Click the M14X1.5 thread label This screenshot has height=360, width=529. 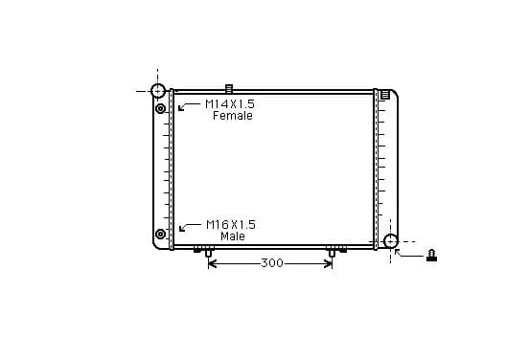point(230,103)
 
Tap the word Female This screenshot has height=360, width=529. point(233,116)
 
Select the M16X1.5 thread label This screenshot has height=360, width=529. point(231,224)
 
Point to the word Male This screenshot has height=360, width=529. point(233,236)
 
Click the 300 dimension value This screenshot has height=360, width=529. point(272,263)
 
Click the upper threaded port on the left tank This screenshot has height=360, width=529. point(161,108)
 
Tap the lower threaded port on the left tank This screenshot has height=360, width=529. point(160,234)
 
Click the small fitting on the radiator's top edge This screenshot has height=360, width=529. point(229,88)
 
